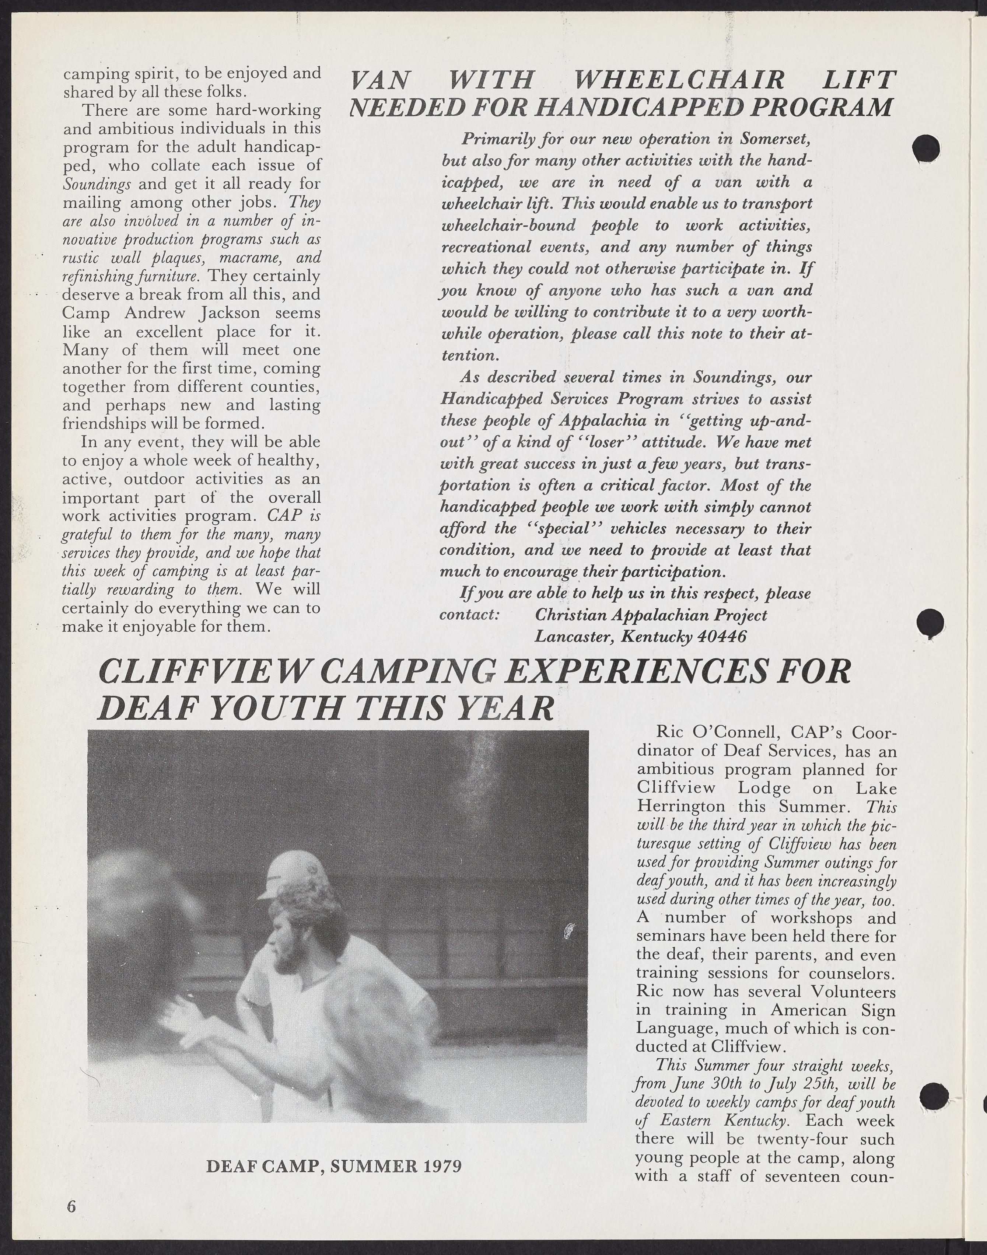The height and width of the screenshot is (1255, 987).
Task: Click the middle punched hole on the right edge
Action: point(930,623)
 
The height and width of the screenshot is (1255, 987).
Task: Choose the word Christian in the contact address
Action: point(570,615)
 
